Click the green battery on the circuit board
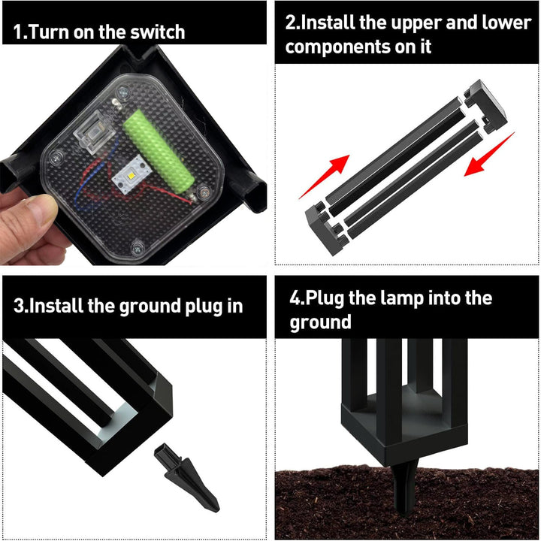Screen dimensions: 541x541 tap(159, 151)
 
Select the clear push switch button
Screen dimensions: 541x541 tap(94, 131)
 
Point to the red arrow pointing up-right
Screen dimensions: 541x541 tap(325, 177)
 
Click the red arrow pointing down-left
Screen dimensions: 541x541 tap(489, 154)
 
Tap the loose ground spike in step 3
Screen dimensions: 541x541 tap(186, 477)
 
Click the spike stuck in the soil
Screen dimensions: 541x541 tap(405, 487)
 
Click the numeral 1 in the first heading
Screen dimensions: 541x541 tap(17, 33)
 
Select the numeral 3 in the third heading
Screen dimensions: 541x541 tap(19, 307)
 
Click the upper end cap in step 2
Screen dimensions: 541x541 tap(486, 106)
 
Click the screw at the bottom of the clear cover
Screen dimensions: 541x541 tap(138, 247)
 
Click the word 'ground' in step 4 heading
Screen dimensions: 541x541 tap(321, 322)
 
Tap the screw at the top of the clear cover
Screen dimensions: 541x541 tap(123, 92)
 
